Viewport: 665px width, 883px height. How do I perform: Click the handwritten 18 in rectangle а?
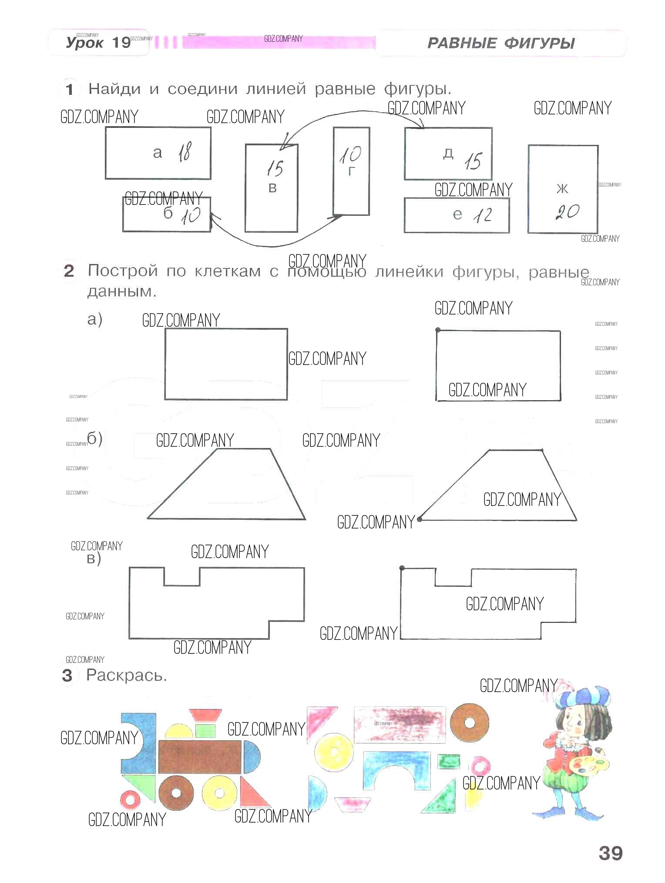coord(185,152)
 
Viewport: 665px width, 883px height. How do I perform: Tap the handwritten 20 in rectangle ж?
coord(568,212)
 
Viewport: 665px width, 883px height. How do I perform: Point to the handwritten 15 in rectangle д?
coord(473,162)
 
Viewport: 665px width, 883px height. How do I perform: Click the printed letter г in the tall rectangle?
coord(352,172)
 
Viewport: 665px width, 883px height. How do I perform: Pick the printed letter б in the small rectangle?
coord(168,213)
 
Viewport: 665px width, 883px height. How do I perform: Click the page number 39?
coord(611,853)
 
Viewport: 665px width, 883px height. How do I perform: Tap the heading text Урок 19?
coord(98,43)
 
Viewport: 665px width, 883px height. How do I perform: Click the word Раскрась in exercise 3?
coord(126,676)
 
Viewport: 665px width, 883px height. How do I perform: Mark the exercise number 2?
coord(69,271)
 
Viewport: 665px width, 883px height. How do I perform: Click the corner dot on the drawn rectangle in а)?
coord(438,330)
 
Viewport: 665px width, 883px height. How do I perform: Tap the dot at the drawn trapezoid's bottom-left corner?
coord(420,519)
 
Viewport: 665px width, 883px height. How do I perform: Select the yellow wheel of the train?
coord(219,793)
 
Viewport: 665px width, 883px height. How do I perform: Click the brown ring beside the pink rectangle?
coord(469,723)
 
